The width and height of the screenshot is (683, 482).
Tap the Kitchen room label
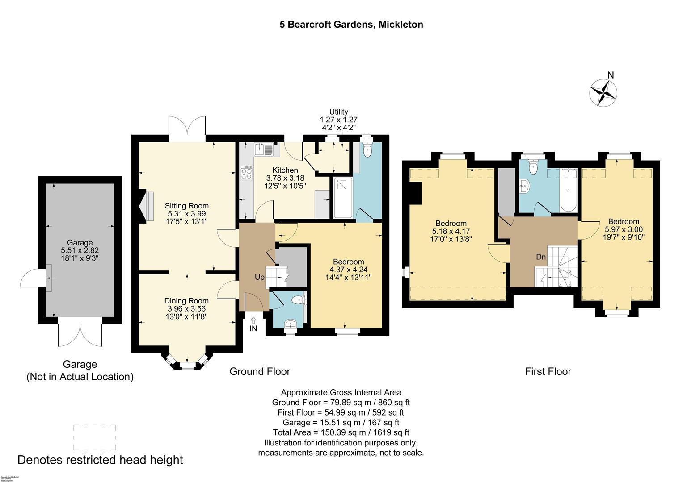pyautogui.click(x=285, y=170)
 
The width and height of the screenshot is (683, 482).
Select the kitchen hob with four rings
pyautogui.click(x=246, y=173)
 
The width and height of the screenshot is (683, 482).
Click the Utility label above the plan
pyautogui.click(x=338, y=112)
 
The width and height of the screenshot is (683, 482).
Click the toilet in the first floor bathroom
pyautogui.click(x=532, y=167)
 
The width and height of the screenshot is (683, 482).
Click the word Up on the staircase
pyautogui.click(x=259, y=277)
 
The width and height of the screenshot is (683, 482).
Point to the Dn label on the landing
pyautogui.click(x=541, y=257)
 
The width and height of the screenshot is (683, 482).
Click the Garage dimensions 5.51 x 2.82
pyautogui.click(x=80, y=250)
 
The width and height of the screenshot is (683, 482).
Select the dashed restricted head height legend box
pyautogui.click(x=94, y=437)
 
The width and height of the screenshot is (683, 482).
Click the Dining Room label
pyautogui.click(x=186, y=301)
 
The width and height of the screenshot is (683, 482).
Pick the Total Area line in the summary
pyautogui.click(x=341, y=432)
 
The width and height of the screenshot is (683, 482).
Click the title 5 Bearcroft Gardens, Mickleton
pyautogui.click(x=351, y=25)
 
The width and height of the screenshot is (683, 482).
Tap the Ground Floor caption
pyautogui.click(x=260, y=371)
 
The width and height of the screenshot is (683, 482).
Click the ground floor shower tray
pyautogui.click(x=343, y=198)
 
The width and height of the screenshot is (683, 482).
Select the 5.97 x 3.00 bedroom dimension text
pyautogui.click(x=623, y=229)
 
